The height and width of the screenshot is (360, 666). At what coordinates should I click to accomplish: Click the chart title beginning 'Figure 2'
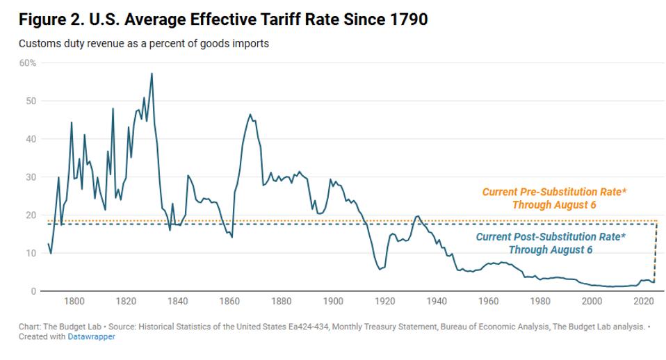coord(223,19)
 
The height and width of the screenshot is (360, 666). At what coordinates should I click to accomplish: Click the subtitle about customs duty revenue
coord(144,44)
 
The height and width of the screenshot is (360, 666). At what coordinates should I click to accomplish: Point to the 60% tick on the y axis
coord(28,63)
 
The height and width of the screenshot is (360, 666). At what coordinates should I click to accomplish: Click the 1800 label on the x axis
coord(74,302)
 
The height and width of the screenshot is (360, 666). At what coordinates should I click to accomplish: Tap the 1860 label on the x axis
coord(229,302)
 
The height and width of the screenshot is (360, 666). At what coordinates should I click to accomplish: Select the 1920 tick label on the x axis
coord(385,302)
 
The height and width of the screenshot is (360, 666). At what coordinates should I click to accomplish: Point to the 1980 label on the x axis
coord(540,302)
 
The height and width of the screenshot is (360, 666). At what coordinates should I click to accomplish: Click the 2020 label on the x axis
coord(644,302)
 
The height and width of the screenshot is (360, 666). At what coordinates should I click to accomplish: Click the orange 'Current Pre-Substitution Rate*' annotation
coord(554,198)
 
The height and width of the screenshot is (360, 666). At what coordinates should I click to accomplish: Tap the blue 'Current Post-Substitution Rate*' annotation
coord(551,243)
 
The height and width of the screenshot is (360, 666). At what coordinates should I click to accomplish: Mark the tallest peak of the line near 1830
coord(152,74)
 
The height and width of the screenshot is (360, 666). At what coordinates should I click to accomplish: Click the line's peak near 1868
coord(250,115)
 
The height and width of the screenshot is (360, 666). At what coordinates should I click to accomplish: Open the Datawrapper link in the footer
coord(91,337)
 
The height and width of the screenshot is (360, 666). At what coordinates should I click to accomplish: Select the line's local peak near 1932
coord(417,216)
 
